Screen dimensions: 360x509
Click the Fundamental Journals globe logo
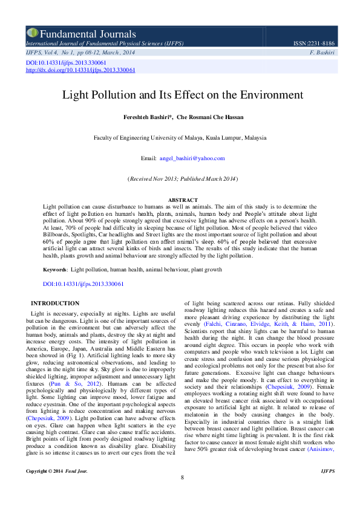[x=32, y=33]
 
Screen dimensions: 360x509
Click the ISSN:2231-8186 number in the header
[x=313, y=44]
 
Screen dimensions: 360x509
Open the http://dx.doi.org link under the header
[x=80, y=70]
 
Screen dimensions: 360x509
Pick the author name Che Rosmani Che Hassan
[x=209, y=117]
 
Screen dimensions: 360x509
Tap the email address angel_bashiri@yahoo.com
[x=192, y=158]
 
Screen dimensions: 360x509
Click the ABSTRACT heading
[x=182, y=200]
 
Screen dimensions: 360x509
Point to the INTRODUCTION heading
[x=55, y=303]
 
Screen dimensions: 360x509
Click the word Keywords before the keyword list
[x=54, y=268]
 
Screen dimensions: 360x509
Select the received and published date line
[x=182, y=179]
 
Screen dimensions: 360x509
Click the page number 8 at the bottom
[x=182, y=494]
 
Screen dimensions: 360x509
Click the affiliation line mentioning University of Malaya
[x=180, y=138]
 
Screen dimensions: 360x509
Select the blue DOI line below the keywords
[x=83, y=284]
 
